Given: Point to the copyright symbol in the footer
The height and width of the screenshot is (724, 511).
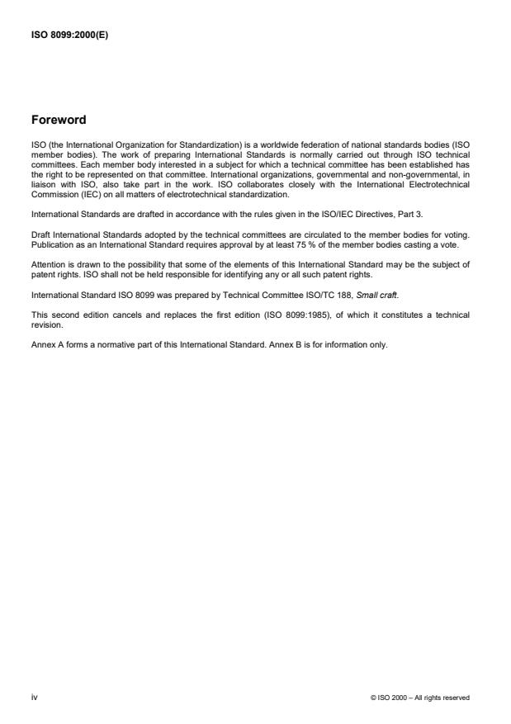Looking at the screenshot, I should click(x=374, y=698).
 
